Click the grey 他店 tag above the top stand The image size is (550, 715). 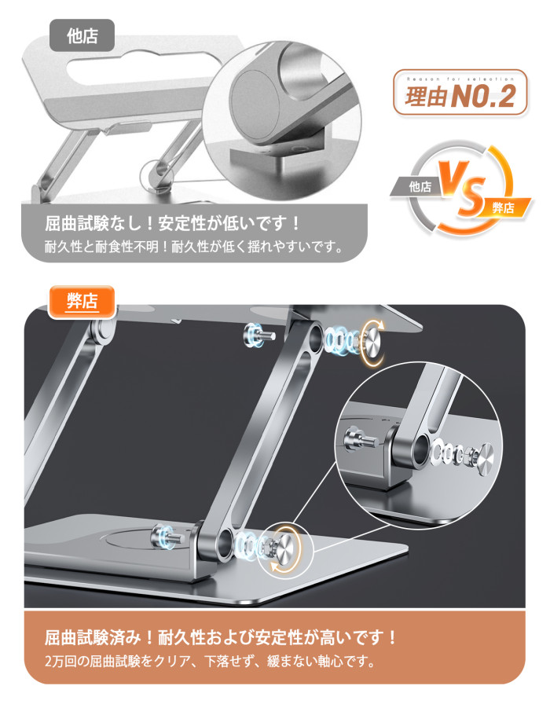click(x=82, y=35)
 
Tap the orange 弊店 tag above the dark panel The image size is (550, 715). click(x=82, y=302)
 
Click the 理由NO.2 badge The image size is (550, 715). click(x=460, y=93)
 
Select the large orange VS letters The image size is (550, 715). click(x=461, y=188)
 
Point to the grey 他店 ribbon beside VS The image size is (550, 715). click(x=417, y=187)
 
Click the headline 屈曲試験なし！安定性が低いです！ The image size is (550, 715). click(x=172, y=223)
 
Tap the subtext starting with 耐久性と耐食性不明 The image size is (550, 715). click(x=194, y=247)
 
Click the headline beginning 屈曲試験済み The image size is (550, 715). click(x=221, y=637)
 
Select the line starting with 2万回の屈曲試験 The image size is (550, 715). click(x=211, y=661)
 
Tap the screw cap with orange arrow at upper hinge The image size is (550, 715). click(x=372, y=342)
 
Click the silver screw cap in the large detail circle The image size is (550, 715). click(x=483, y=460)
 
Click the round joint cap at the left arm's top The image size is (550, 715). click(x=103, y=332)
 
